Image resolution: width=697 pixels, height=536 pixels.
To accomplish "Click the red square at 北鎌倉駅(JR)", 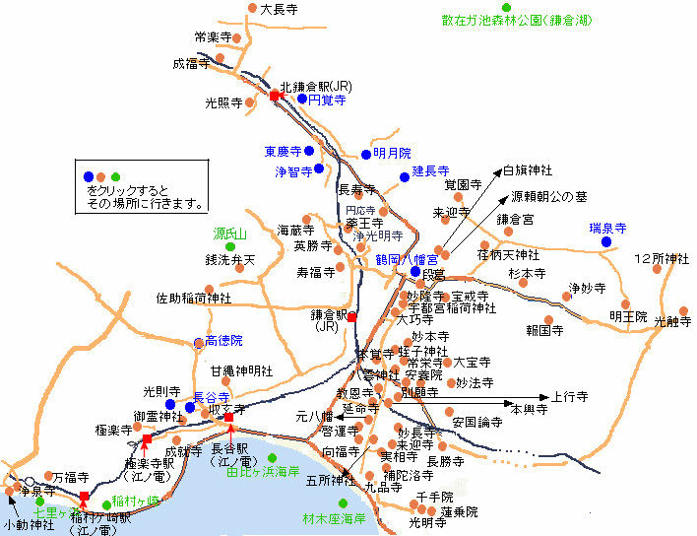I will (275, 97).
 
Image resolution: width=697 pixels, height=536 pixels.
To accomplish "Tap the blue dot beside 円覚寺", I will (302, 99).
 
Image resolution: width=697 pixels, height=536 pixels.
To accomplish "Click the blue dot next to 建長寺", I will (404, 177).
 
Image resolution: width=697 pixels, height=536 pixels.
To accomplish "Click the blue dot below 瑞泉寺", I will (606, 241).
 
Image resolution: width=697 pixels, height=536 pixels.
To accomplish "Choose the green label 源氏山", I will (229, 234).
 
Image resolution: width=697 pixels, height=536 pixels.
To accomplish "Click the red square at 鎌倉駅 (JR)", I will (351, 317).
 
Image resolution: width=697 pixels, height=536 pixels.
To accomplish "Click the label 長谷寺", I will (212, 396).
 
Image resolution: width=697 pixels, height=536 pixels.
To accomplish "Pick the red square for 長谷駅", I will (228, 418).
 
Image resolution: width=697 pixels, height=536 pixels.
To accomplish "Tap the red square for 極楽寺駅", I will (146, 439).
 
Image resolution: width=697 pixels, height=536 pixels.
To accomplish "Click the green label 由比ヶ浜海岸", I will (262, 472).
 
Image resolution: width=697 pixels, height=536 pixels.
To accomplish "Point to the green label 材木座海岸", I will (334, 517).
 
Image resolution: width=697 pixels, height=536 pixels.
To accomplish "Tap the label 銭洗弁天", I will (229, 260).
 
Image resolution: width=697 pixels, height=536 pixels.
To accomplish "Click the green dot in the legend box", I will (116, 176).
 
